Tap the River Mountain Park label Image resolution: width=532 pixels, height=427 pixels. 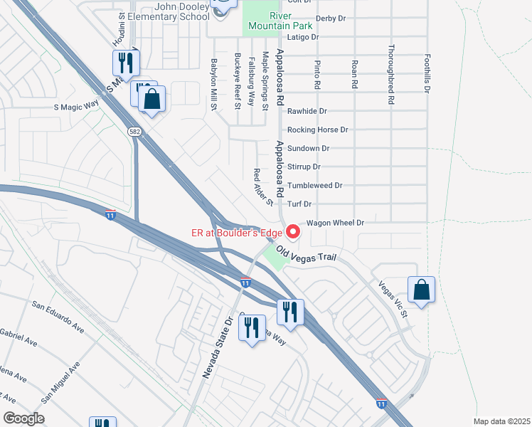[281, 21]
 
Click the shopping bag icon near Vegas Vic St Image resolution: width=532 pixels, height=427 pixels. [421, 290]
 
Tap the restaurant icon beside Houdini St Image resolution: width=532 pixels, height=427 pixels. [126, 63]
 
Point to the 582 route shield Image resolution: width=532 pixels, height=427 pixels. [134, 132]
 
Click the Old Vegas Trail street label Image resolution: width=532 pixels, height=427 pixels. [306, 253]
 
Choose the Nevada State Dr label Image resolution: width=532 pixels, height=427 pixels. [218, 348]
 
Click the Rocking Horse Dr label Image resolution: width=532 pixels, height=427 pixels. [317, 130]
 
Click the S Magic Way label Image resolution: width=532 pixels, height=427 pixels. [76, 106]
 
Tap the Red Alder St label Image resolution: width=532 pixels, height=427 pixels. [264, 187]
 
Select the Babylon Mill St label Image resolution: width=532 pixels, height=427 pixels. [212, 83]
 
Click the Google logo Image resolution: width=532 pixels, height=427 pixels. [23, 418]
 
